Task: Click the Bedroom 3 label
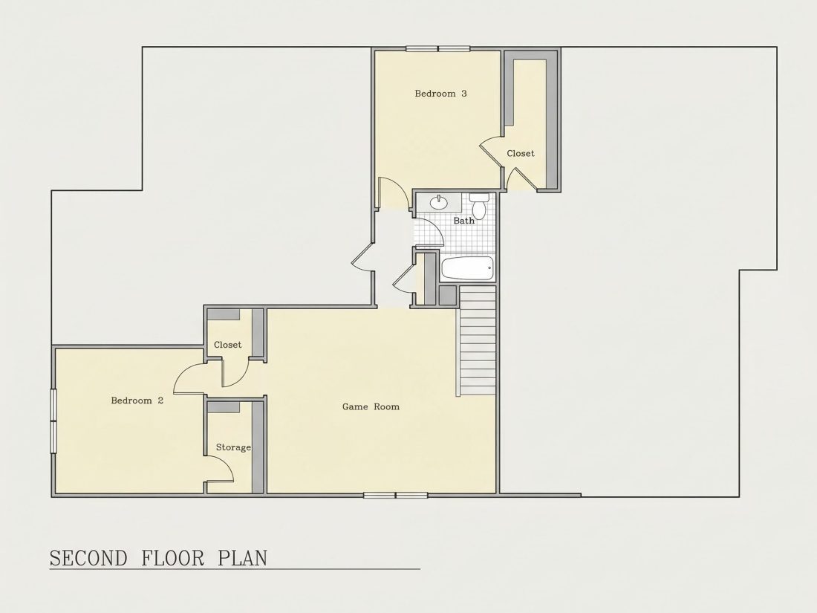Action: coord(440,94)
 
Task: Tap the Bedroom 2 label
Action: coord(137,400)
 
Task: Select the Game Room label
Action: coord(371,406)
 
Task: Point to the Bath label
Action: coord(463,221)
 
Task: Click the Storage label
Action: coord(233,447)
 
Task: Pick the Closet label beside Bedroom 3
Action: coord(521,153)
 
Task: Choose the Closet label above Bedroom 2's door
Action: coord(228,345)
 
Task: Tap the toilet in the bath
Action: coord(478,206)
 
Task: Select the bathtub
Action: coord(467,268)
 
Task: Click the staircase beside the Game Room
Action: coord(477,340)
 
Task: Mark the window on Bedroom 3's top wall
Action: coord(437,49)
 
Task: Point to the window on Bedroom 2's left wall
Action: coord(53,421)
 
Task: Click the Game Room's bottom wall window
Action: coord(395,495)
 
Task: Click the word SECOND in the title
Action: coord(88,558)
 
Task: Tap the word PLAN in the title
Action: coord(242,558)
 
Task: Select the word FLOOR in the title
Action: coord(172,558)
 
